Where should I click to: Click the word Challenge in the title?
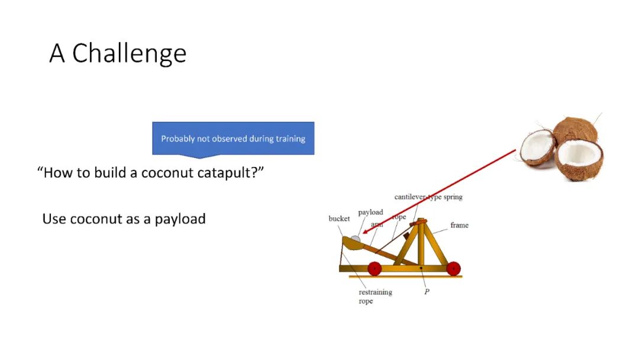(x=129, y=54)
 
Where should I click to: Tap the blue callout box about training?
(x=233, y=139)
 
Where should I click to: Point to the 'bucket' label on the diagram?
(x=339, y=218)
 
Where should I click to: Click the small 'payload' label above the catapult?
(x=370, y=213)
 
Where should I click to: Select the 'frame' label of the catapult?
(x=459, y=225)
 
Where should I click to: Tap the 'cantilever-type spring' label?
(x=428, y=197)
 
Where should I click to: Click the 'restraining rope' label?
(x=375, y=297)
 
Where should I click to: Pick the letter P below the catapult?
(x=427, y=291)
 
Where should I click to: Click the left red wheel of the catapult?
(x=375, y=269)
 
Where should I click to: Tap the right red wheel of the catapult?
(x=453, y=269)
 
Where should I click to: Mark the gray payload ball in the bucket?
(x=356, y=239)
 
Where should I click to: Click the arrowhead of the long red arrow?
(x=365, y=231)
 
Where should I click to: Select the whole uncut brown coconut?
(x=576, y=130)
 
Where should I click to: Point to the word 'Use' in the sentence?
(x=54, y=219)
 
